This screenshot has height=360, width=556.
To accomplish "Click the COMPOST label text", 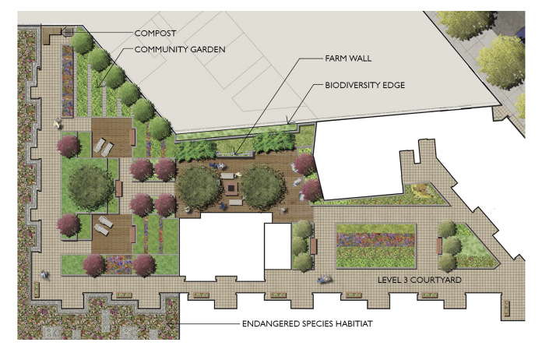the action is click(x=155, y=34).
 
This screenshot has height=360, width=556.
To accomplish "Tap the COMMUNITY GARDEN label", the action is click(x=180, y=49).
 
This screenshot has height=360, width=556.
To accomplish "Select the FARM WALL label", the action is click(x=348, y=58).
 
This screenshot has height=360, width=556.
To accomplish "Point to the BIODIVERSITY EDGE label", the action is click(x=365, y=85).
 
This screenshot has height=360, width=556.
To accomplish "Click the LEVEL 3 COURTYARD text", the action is click(x=420, y=280).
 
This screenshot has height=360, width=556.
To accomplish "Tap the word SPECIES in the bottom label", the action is click(x=318, y=323).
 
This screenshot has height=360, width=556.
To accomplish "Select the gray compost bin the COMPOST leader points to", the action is click(x=68, y=32).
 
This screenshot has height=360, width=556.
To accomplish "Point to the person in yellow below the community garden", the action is click(x=57, y=124).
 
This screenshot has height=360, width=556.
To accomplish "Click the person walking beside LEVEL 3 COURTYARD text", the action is click(x=324, y=279).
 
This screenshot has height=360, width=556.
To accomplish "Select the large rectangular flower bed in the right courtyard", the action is click(x=376, y=245).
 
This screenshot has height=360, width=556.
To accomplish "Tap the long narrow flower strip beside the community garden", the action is click(x=67, y=81).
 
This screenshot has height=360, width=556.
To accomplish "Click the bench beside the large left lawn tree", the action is click(x=119, y=189).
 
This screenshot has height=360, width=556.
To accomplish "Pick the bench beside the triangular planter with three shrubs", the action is click(x=440, y=245).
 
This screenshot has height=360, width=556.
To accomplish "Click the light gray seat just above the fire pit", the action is click(x=227, y=175).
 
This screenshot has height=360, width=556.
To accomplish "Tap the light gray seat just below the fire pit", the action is click(x=236, y=202).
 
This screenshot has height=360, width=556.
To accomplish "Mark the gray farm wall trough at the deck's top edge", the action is click(x=235, y=154).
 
